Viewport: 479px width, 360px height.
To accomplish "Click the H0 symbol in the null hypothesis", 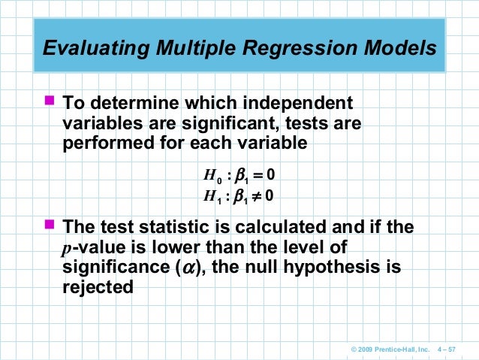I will [x=211, y=177].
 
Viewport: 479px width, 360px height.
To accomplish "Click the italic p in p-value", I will [x=65, y=248].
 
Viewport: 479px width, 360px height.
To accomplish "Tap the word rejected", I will [x=97, y=287].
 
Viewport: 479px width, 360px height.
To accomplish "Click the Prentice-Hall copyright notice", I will [x=388, y=349].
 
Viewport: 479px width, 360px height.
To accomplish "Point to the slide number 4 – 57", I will [x=454, y=349].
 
